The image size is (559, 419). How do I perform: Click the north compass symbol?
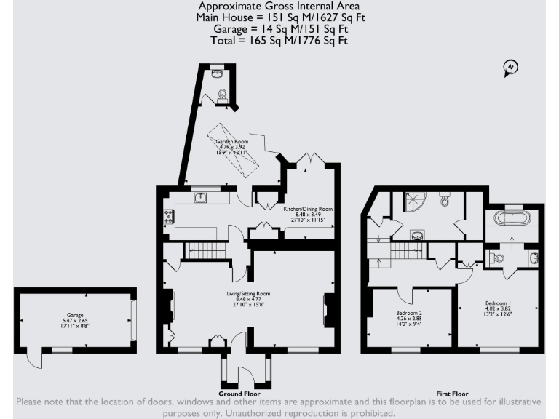pos(511,68)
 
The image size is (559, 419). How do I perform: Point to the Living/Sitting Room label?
pos(247,298)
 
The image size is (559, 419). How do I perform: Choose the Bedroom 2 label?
pos(409,318)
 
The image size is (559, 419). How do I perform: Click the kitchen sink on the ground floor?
pos(202,198)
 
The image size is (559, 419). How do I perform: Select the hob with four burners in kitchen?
pos(169,215)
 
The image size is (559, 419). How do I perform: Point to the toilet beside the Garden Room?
pos(222,92)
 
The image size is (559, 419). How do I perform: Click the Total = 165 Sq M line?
pos(279,41)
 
